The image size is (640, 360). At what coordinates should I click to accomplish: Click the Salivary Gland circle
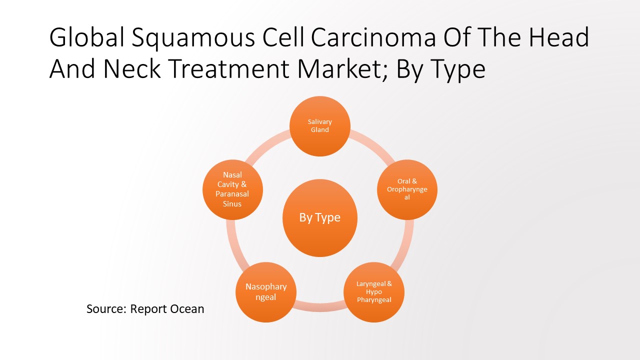point(320,126)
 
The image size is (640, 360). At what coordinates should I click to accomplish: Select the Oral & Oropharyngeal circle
point(406,189)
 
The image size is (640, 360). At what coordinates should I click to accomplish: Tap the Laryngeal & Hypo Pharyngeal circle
point(374,291)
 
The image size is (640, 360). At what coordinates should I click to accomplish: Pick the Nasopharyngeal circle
point(266,292)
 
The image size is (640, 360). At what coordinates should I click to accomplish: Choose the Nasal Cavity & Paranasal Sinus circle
point(232,189)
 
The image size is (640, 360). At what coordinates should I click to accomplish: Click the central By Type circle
point(320,217)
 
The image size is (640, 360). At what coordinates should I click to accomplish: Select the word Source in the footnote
point(106,308)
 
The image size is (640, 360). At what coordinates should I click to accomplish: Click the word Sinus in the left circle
point(232,204)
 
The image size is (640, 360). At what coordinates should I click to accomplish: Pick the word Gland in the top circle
point(320,130)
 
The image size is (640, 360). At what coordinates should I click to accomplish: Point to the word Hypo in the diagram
point(374,292)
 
